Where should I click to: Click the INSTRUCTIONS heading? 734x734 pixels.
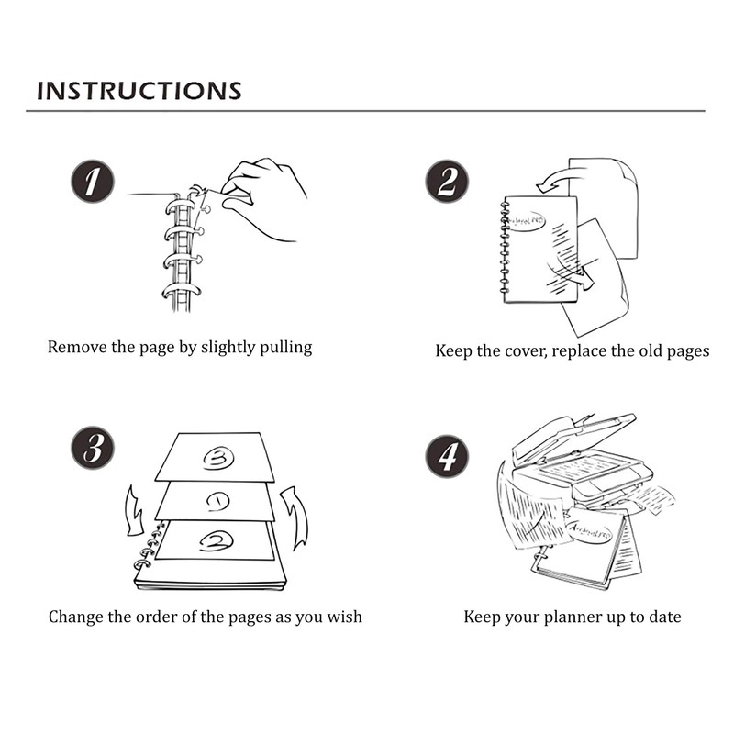pos(139,90)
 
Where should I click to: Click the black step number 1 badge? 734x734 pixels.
pos(93,182)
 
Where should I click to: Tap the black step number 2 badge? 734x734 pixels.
pos(447,182)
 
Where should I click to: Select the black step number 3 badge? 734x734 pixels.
pos(93,450)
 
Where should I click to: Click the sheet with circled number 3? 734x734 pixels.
pos(216,457)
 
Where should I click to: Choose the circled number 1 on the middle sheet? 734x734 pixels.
pos(217,502)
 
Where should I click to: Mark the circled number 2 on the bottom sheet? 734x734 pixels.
pos(217,541)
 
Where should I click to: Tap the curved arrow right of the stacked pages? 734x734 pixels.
pos(295,514)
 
